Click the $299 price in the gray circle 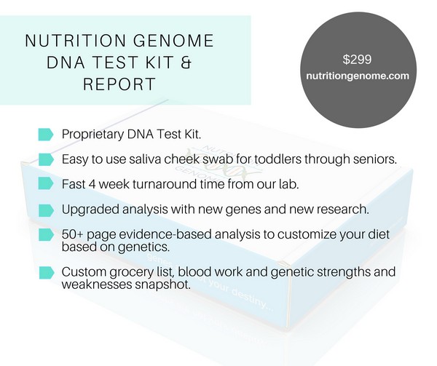click(357, 60)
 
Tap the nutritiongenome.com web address click(358, 76)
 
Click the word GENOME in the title click(173, 40)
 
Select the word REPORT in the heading click(119, 84)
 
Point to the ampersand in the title click(186, 62)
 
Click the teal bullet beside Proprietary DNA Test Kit click(45, 135)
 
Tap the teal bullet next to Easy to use click(46, 159)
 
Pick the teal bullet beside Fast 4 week click(46, 183)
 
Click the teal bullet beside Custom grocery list click(47, 273)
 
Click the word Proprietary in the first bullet click(93, 135)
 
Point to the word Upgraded click(90, 210)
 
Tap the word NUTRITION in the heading click(75, 40)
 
